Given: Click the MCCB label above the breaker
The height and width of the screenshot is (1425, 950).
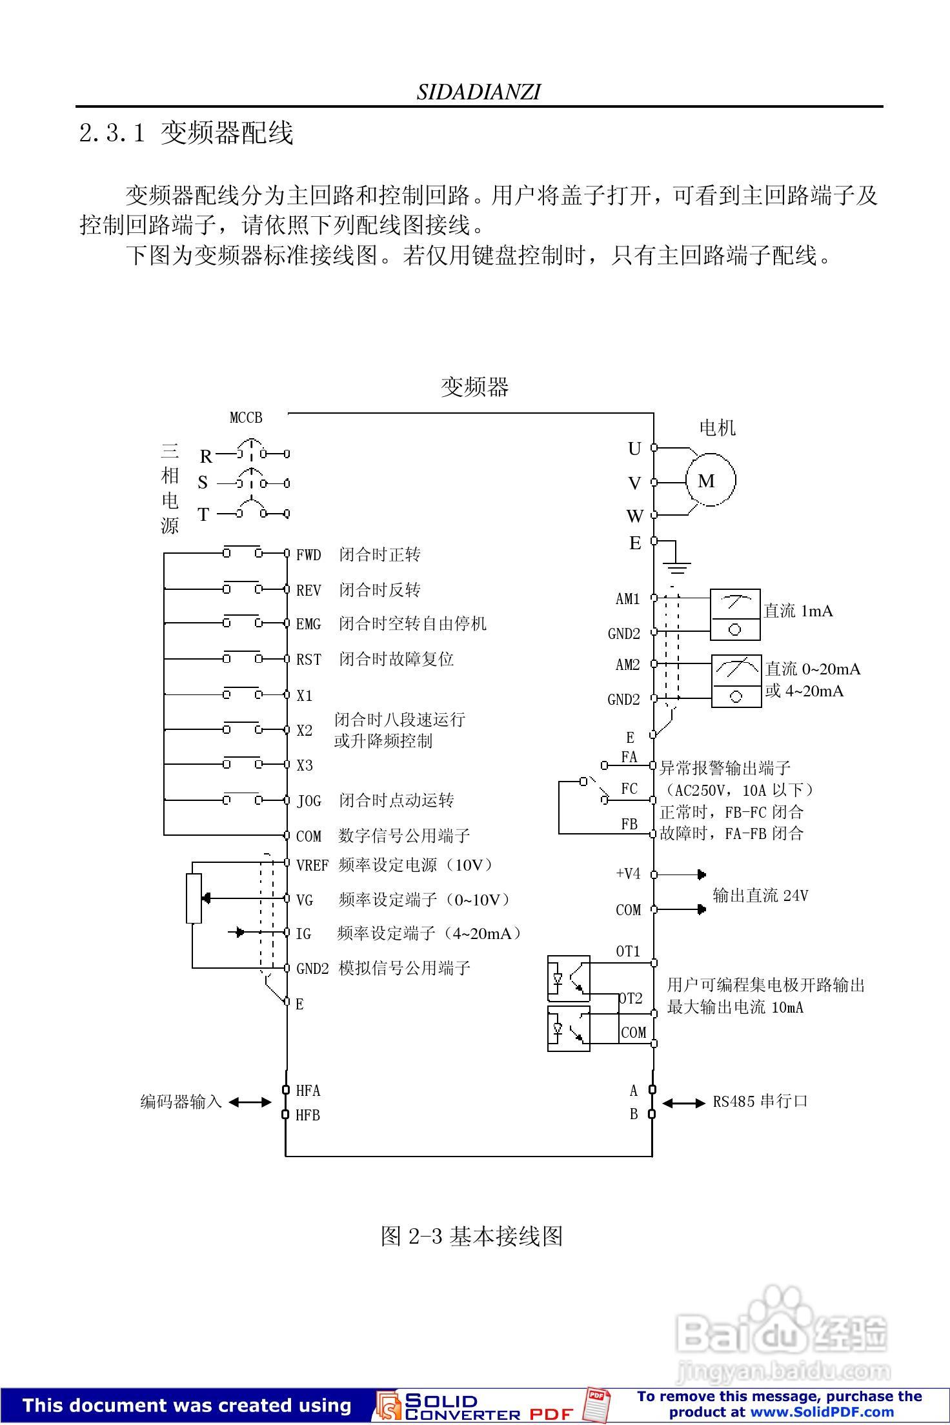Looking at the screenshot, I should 246,418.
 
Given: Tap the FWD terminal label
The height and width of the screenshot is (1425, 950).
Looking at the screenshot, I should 308,554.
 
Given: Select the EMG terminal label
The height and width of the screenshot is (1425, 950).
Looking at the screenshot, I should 308,624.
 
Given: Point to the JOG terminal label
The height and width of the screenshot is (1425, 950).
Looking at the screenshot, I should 308,801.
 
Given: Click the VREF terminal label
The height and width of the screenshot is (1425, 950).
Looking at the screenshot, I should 312,865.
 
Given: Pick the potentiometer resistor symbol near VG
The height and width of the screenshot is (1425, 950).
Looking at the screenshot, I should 194,898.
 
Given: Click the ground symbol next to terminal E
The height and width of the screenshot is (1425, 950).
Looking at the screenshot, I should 676,567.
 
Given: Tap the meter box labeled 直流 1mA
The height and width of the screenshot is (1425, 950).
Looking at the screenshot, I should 734,614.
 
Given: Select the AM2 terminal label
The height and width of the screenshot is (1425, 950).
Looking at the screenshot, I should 627,665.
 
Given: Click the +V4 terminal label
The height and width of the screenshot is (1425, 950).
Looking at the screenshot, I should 628,874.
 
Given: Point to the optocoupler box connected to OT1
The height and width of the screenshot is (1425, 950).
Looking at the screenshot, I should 569,978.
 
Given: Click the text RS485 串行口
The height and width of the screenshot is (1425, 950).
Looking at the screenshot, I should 760,1101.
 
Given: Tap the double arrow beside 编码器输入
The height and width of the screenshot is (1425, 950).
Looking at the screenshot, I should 250,1102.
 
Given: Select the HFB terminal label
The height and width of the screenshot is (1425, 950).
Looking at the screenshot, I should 308,1115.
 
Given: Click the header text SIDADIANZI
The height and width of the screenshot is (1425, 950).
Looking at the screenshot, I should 478,92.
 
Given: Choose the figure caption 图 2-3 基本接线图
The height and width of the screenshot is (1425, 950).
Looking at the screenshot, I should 472,1235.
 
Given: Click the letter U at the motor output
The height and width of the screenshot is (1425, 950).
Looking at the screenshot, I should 634,449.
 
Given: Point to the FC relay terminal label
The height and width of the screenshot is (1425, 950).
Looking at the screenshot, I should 629,789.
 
